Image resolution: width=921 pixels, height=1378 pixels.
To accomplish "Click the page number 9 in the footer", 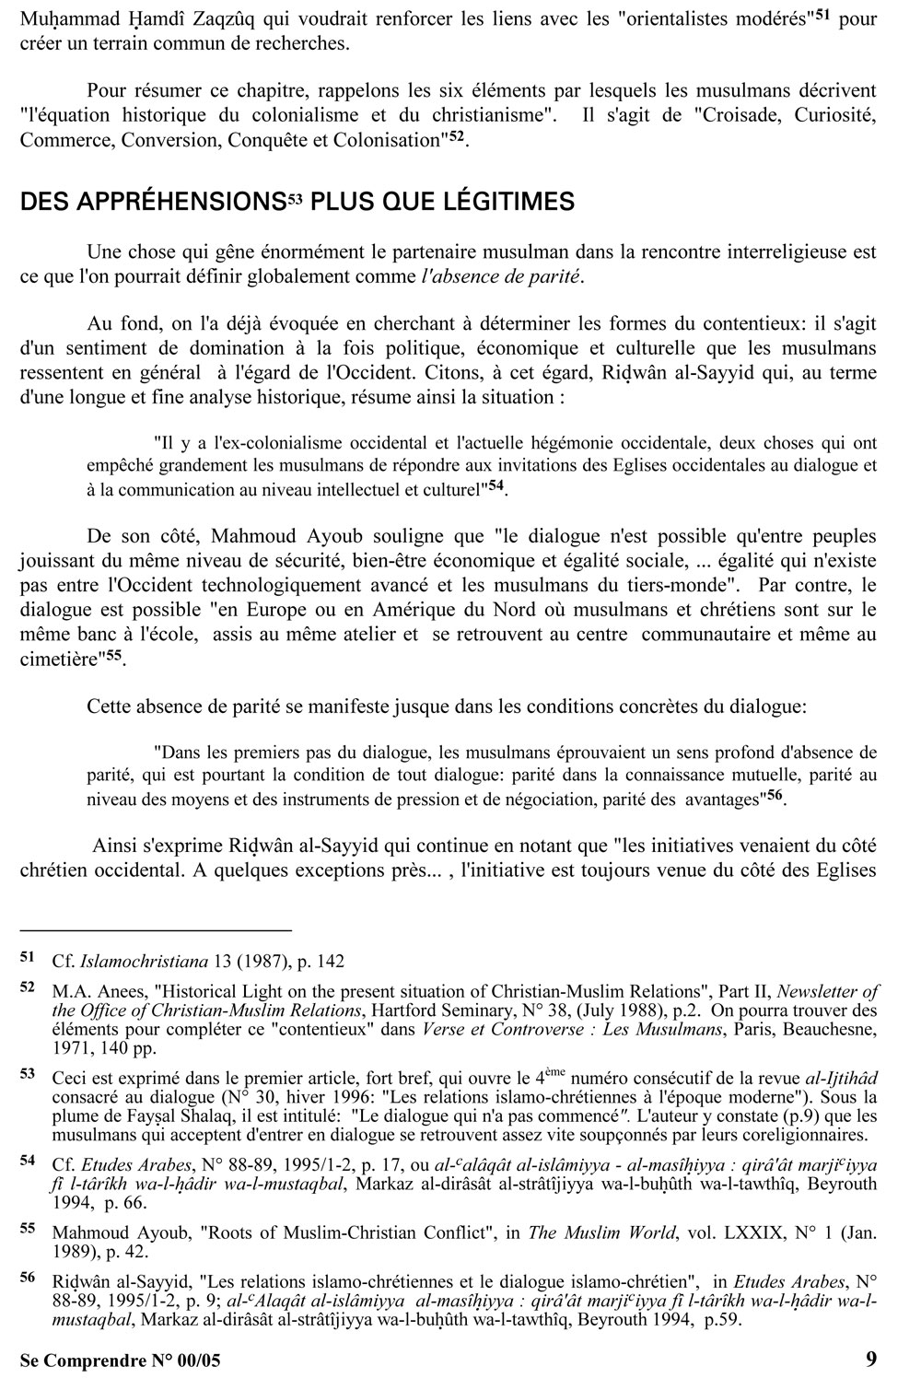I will (870, 1359).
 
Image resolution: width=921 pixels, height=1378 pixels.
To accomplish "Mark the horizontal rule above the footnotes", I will (156, 930).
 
